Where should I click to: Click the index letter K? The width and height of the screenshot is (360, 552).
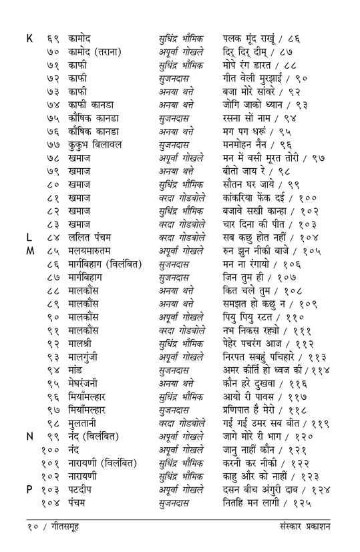29,39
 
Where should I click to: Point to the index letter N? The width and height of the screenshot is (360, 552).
30,436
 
